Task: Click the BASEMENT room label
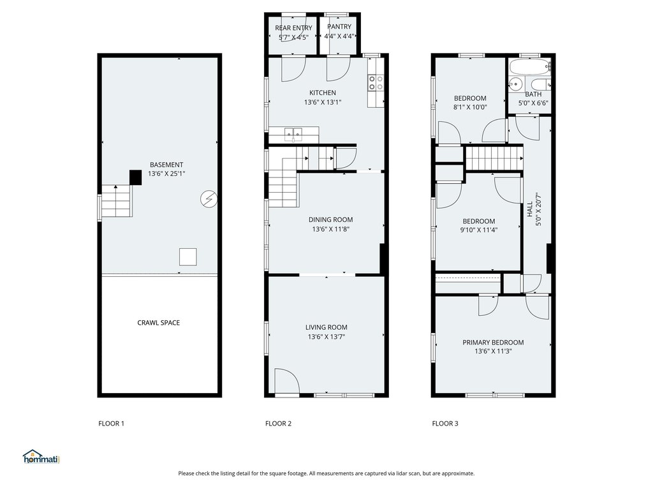[166, 165]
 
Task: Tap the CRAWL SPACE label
[159, 322]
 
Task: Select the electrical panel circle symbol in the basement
[209, 199]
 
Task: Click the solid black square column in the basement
[136, 177]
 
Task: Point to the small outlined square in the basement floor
[188, 256]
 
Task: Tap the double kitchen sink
[293, 134]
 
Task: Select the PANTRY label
[339, 26]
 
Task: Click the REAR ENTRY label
[293, 28]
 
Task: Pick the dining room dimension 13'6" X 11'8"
[331, 229]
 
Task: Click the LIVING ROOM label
[326, 327]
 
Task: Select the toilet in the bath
[541, 84]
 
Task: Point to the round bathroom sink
[516, 84]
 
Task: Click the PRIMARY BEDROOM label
[493, 343]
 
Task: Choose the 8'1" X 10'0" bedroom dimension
[470, 107]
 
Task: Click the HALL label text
[530, 209]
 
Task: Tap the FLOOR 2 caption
[278, 424]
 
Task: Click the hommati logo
[41, 457]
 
